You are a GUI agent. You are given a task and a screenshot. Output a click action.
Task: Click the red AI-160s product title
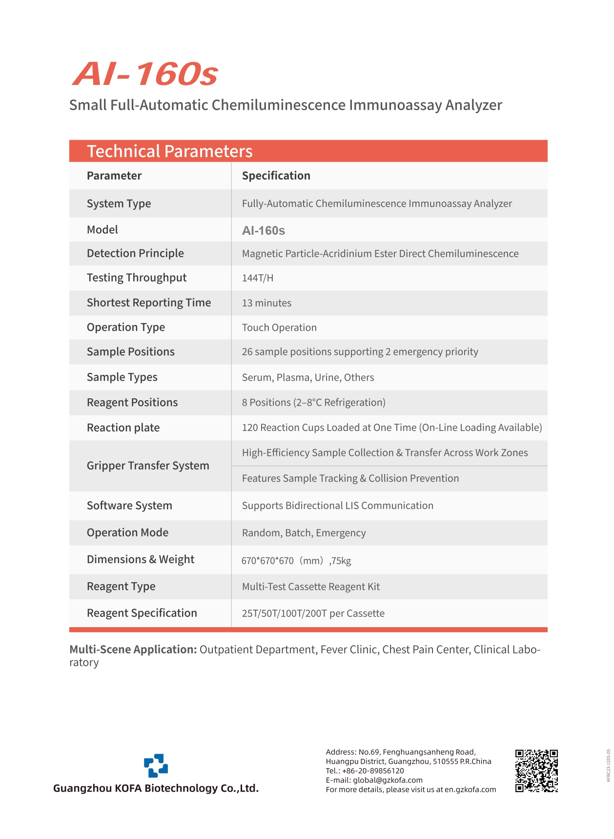(x=145, y=74)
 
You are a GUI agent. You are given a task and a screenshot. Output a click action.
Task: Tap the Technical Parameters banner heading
(x=169, y=151)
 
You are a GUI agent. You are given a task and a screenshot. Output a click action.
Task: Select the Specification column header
(x=276, y=176)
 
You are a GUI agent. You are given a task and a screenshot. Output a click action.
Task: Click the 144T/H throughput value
(x=257, y=278)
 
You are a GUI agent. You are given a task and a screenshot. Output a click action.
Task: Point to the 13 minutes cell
(x=266, y=303)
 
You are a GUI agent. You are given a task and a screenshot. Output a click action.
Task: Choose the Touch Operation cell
(x=279, y=327)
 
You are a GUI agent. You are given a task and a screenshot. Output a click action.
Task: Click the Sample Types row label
(x=122, y=377)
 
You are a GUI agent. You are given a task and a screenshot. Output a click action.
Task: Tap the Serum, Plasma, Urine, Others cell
(x=307, y=377)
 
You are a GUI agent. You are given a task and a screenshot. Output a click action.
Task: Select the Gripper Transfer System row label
(x=148, y=466)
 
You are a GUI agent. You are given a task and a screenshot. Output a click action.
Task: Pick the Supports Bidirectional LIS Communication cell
(x=337, y=506)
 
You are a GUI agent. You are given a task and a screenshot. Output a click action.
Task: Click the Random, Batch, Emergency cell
(x=304, y=533)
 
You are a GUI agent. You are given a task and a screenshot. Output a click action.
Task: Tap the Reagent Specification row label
(x=142, y=613)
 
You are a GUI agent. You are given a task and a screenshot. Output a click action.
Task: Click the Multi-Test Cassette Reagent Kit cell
(x=310, y=587)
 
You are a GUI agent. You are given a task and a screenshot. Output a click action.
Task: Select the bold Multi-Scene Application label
(x=133, y=650)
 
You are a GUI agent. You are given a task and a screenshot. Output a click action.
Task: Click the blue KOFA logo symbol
(x=156, y=765)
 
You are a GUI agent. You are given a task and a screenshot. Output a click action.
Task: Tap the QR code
(x=536, y=771)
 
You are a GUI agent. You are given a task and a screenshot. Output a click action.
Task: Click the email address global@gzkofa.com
(x=388, y=780)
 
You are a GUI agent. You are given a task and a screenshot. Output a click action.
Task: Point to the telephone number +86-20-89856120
(x=373, y=771)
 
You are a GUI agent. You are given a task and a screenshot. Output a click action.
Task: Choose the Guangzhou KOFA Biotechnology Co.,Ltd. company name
(x=156, y=788)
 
